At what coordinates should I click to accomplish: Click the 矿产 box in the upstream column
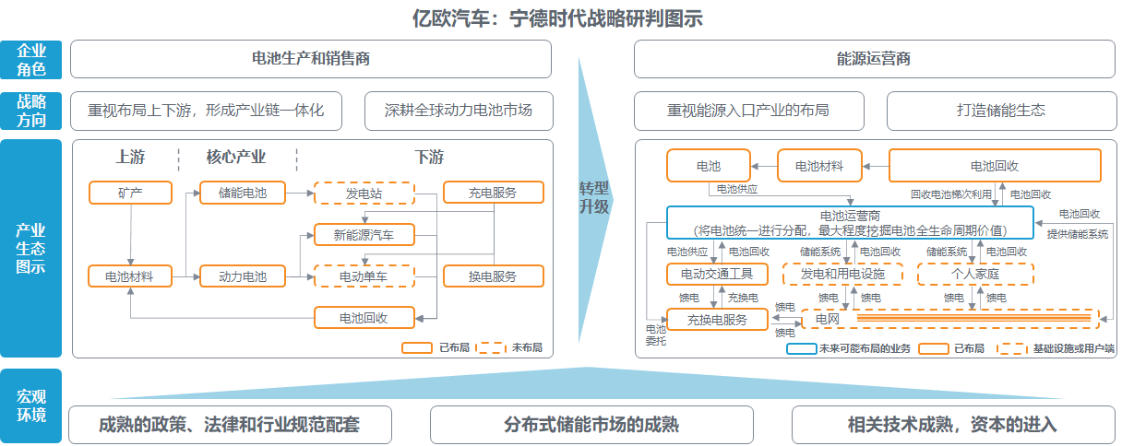pos(130,193)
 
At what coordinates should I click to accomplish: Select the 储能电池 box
pos(242,193)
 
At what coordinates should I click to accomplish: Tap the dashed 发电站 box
pos(364,193)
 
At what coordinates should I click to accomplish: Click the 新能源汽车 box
pos(364,235)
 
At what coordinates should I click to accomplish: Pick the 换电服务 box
pos(493,276)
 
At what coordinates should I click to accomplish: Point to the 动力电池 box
pos(242,276)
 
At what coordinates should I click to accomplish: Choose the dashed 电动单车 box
pos(364,276)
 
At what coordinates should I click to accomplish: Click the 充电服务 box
pos(493,193)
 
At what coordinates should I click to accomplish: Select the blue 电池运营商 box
pos(850,222)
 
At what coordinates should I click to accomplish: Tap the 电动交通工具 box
pos(717,274)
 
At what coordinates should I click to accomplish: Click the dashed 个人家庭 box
pos(975,274)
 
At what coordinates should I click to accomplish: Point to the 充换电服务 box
pos(717,320)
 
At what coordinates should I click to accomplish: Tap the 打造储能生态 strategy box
pos(1000,111)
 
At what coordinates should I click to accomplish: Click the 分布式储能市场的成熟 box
pos(591,425)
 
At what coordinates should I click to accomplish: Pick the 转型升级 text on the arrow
pos(594,197)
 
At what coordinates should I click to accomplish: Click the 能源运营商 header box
pos(873,59)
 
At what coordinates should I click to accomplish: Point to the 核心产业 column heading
pos(235,157)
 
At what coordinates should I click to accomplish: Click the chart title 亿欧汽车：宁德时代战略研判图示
pos(559,18)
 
